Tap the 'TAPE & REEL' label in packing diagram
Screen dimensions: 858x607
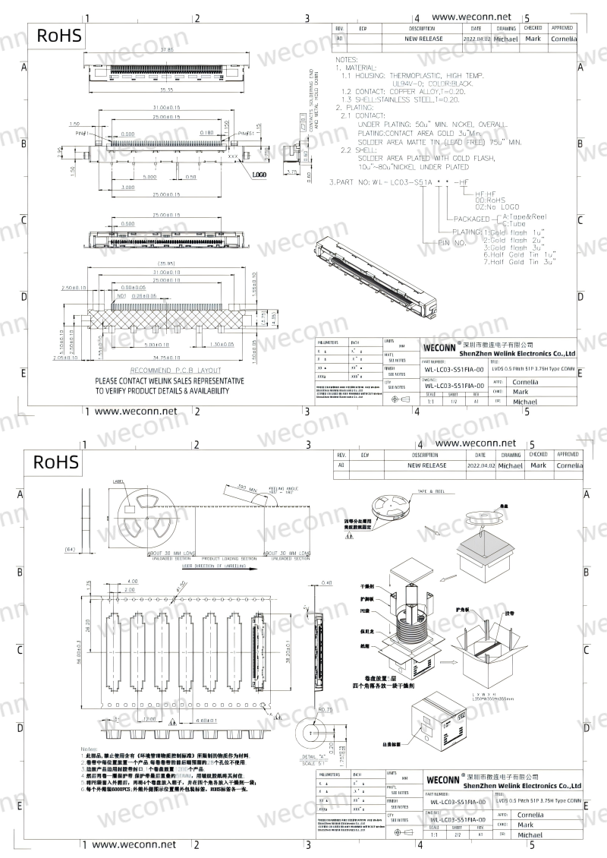(x=431, y=493)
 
